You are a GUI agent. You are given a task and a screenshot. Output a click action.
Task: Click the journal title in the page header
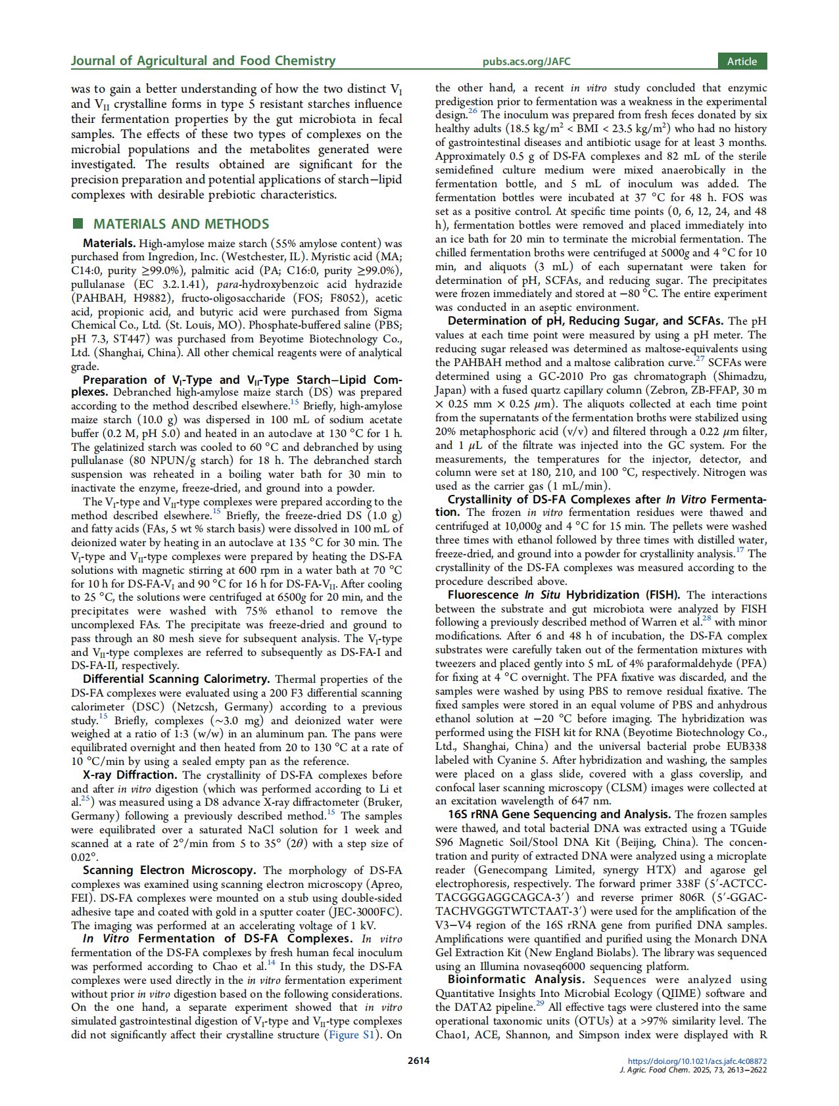pyautogui.click(x=203, y=61)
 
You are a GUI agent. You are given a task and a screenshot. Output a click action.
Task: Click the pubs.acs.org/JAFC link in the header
pyautogui.click(x=526, y=62)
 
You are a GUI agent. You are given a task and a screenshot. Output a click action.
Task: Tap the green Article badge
pyautogui.click(x=742, y=61)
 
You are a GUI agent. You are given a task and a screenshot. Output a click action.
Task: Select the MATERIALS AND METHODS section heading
pyautogui.click(x=181, y=224)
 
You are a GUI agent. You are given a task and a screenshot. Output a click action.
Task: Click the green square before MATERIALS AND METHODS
pyautogui.click(x=78, y=224)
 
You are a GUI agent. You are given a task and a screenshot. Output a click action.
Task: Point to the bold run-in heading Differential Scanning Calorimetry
pyautogui.click(x=176, y=679)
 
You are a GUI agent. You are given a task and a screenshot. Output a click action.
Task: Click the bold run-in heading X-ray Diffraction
pyautogui.click(x=130, y=775)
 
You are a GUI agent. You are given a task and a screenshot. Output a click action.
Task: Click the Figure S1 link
pyautogui.click(x=352, y=1035)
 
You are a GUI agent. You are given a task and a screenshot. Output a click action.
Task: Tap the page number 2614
pyautogui.click(x=419, y=1060)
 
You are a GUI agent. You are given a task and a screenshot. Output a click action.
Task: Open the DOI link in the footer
pyautogui.click(x=697, y=1061)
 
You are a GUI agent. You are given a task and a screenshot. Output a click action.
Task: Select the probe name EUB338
pyautogui.click(x=744, y=747)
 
